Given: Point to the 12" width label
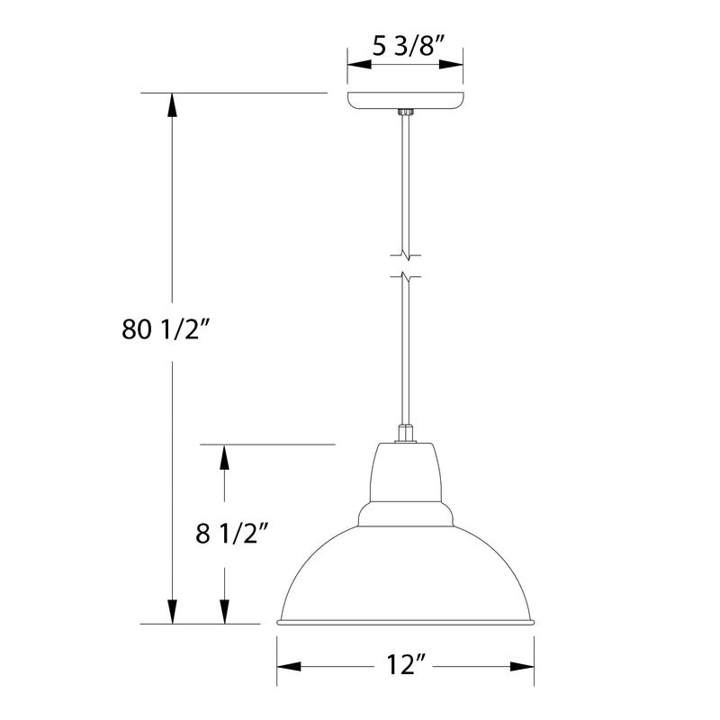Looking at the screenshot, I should tap(405, 666).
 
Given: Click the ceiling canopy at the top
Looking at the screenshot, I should tap(405, 100).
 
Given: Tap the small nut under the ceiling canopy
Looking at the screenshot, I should tap(405, 112).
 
